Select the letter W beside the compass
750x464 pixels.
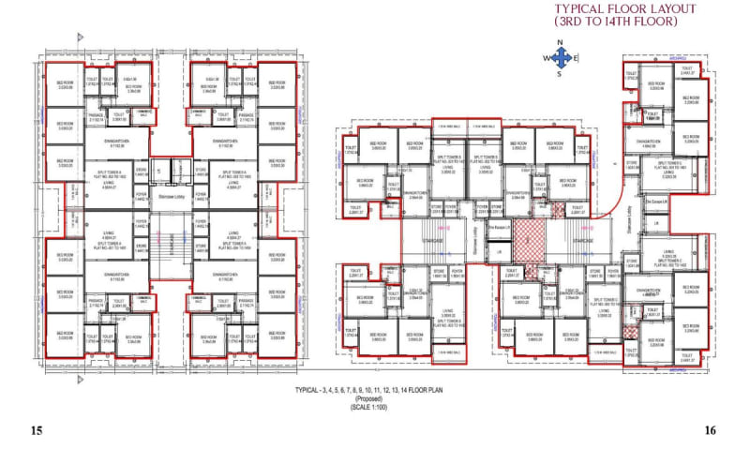click(542, 58)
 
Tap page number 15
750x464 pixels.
click(37, 431)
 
